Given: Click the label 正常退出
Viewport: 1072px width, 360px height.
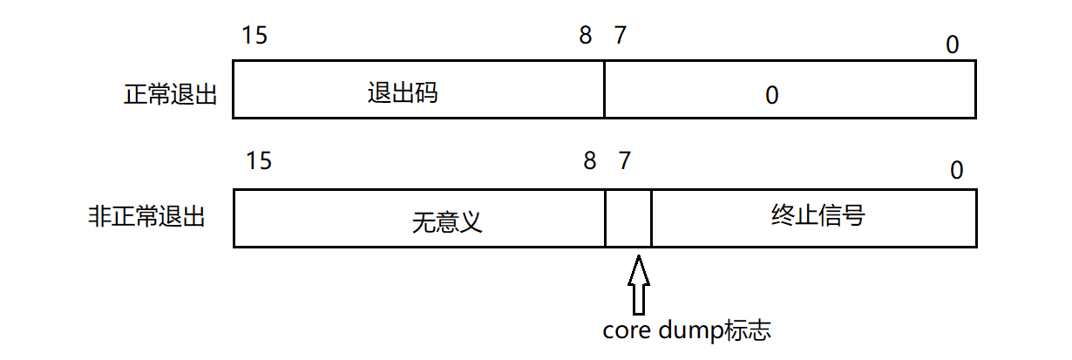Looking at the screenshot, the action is pyautogui.click(x=171, y=95).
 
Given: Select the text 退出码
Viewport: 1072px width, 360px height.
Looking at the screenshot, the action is pyautogui.click(x=403, y=93).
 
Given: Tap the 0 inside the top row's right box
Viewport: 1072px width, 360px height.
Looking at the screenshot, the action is pyautogui.click(x=770, y=95).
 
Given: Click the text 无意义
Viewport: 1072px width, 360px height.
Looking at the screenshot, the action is pyautogui.click(x=447, y=223).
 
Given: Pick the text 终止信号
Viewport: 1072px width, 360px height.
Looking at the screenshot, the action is pyautogui.click(x=818, y=214).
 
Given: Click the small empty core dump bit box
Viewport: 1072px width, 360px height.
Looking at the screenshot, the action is pyautogui.click(x=628, y=218).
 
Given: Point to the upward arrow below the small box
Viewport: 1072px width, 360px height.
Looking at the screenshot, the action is pyautogui.click(x=639, y=284).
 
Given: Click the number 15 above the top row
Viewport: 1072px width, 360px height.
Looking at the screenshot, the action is pyautogui.click(x=255, y=36).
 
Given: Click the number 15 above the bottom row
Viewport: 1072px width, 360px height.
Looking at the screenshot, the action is pyautogui.click(x=259, y=161).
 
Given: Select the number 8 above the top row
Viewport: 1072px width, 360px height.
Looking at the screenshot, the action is pyautogui.click(x=585, y=36).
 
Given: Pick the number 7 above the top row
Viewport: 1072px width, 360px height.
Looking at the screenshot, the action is pyautogui.click(x=620, y=36).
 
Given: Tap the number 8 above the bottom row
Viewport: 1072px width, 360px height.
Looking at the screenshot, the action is pyautogui.click(x=590, y=161).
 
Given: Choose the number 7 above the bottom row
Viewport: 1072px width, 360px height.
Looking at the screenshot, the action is pyautogui.click(x=624, y=161).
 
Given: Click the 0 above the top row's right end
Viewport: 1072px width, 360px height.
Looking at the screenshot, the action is pyautogui.click(x=953, y=44).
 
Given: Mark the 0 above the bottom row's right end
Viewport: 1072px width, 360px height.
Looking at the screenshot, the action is pyautogui.click(x=957, y=171).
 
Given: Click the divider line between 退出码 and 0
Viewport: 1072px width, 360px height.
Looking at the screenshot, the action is pyautogui.click(x=604, y=89).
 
